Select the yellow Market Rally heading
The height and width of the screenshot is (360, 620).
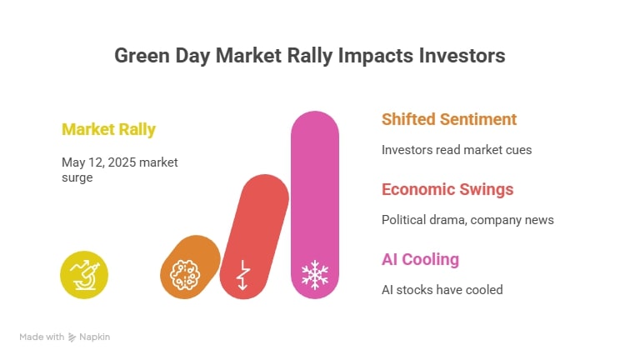[108, 129]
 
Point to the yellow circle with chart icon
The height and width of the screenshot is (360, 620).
[84, 274]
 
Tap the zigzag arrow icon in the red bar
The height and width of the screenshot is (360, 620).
[242, 275]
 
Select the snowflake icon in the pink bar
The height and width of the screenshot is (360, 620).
[315, 275]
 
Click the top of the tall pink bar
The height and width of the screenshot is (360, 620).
[315, 125]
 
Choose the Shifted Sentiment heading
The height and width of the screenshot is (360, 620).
[449, 119]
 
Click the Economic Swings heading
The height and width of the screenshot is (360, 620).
[447, 189]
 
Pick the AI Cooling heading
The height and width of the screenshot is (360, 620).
[420, 259]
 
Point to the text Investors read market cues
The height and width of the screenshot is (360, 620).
[457, 150]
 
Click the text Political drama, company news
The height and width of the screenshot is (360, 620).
[467, 220]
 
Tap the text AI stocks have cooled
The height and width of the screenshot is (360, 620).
[442, 290]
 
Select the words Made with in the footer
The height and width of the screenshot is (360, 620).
[42, 337]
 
